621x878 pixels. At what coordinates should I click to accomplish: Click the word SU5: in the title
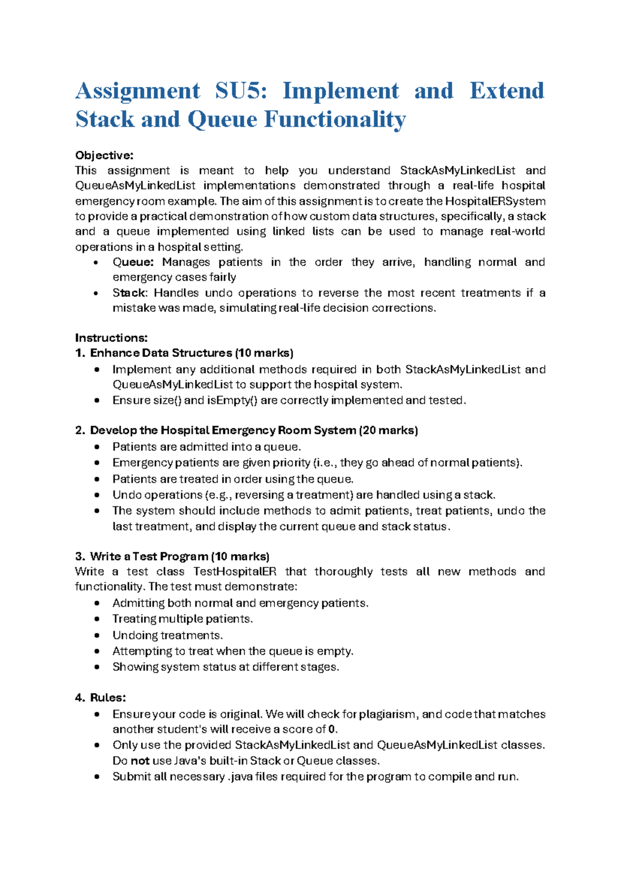[x=241, y=91]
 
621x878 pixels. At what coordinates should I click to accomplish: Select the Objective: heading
[x=104, y=155]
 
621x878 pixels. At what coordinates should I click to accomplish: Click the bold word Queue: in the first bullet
[x=133, y=262]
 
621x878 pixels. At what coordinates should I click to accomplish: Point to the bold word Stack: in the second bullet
[x=130, y=292]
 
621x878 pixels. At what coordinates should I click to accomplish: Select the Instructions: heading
[x=111, y=338]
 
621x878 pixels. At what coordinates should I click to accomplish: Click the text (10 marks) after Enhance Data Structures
[x=264, y=353]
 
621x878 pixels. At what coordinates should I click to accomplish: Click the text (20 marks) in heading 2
[x=388, y=430]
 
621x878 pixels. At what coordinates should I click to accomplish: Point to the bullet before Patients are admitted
[x=97, y=447]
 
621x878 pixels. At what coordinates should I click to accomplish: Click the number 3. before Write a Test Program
[x=80, y=557]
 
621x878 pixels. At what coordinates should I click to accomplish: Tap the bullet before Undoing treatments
[x=97, y=635]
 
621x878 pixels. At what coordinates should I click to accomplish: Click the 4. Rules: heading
[x=101, y=697]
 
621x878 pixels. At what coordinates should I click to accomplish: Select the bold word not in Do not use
[x=140, y=760]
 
